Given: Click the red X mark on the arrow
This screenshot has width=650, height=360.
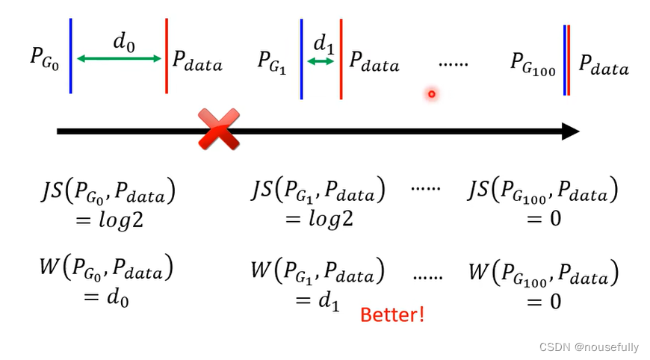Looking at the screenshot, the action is pos(218,128).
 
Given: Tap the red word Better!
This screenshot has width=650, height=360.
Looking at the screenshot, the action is pos(391,314).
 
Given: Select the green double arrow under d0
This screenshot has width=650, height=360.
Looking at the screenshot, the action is pos(119,58).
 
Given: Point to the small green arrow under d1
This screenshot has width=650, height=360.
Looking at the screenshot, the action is pos(321,61).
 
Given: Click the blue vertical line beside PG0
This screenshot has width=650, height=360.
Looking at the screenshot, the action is pos(70,56).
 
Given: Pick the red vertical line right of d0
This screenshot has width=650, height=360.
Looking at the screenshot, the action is pos(167,56).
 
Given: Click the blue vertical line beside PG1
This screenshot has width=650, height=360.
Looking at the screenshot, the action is pos(301,59).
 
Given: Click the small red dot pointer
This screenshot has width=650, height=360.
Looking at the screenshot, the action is pos(431,94).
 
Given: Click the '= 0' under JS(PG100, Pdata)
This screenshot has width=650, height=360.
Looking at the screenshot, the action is pos(543,219).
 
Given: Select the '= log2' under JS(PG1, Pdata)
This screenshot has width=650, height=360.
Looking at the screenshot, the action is pos(318,219).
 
